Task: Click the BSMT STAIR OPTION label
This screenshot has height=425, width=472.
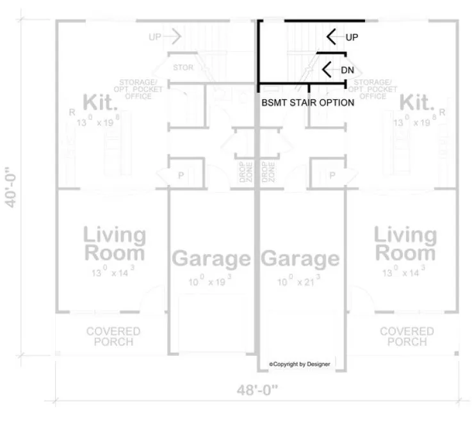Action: point(307,102)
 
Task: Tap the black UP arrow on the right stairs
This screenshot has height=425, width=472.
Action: point(332,37)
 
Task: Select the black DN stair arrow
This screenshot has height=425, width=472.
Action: point(327,69)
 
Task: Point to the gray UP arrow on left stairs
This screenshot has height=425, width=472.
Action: point(173,37)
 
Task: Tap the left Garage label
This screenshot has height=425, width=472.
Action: point(211,259)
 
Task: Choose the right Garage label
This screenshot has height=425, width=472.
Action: point(300,259)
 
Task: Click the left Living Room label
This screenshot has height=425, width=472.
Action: point(114,244)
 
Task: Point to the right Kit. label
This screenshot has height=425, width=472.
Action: point(417,102)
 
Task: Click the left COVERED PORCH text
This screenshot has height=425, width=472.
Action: point(113,336)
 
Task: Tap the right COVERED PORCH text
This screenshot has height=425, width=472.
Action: point(407,336)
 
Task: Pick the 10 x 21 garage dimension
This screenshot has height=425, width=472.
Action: point(299,282)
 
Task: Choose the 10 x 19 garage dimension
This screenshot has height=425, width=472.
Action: point(211,282)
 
